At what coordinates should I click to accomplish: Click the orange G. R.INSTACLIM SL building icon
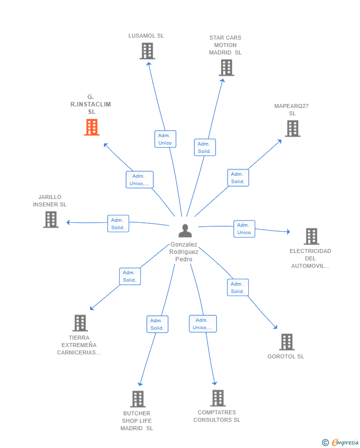pyautogui.click(x=91, y=127)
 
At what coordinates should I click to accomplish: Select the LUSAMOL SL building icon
pyautogui.click(x=147, y=51)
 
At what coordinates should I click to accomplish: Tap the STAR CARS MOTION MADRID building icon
pyautogui.click(x=226, y=68)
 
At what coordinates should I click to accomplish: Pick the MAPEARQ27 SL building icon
pyautogui.click(x=293, y=129)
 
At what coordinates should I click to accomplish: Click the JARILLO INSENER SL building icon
pyautogui.click(x=51, y=219)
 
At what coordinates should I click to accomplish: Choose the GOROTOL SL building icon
pyautogui.click(x=287, y=342)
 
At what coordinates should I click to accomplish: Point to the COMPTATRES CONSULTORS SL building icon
pyautogui.click(x=218, y=398)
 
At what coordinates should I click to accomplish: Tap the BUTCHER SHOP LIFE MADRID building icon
pyautogui.click(x=138, y=399)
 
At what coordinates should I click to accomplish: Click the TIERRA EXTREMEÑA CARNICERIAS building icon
pyautogui.click(x=80, y=323)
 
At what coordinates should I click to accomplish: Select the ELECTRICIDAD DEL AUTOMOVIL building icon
pyautogui.click(x=312, y=236)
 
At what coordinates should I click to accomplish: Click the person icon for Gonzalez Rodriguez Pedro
pyautogui.click(x=185, y=231)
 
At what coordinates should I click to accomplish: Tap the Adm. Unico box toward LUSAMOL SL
pyautogui.click(x=165, y=139)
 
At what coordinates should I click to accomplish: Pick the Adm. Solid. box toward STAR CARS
pyautogui.click(x=205, y=148)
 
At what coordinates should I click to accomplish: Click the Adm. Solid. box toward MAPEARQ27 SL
pyautogui.click(x=238, y=178)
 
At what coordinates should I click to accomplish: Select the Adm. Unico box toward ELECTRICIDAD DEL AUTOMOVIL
pyautogui.click(x=244, y=229)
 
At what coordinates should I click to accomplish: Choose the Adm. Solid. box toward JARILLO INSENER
pyautogui.click(x=118, y=223)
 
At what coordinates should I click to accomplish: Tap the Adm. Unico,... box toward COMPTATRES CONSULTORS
pyautogui.click(x=203, y=324)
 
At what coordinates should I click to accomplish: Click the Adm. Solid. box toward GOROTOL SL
pyautogui.click(x=238, y=288)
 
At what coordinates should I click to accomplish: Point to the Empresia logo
pyautogui.click(x=340, y=442)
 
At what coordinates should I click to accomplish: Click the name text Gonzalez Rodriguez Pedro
pyautogui.click(x=184, y=251)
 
